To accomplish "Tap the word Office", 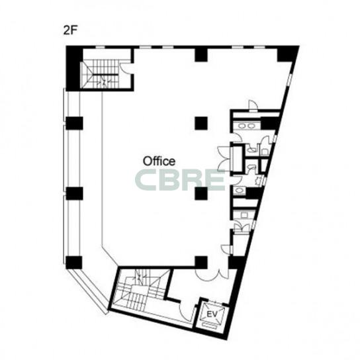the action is click(159, 161).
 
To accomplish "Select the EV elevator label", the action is click(212, 314).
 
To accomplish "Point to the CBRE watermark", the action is click(180, 180).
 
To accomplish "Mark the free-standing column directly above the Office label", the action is click(201, 123).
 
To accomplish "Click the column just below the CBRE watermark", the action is click(201, 193).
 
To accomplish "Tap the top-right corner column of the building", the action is click(286, 54).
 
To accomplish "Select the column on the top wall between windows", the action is click(201, 54).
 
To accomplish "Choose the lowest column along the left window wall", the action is click(74, 263).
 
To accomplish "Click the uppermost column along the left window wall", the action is click(74, 123).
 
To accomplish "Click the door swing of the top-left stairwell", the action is click(124, 67).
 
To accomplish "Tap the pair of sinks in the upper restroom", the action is click(246, 126).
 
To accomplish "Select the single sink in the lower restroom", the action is click(240, 191).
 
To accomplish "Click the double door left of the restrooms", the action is click(224, 158).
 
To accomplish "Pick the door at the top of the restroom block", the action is click(253, 105).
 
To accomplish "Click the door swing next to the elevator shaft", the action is click(188, 312).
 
